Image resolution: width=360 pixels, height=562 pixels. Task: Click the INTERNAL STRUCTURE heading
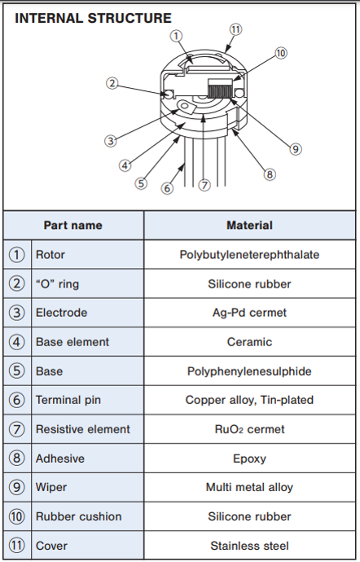pos(93,18)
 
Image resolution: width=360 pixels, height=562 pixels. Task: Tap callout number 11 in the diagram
pos(235,29)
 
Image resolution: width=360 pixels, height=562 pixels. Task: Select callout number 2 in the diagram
pos(112,84)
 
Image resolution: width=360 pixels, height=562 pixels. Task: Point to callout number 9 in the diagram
pos(296,149)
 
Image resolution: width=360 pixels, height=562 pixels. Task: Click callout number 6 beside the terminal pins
pos(167,188)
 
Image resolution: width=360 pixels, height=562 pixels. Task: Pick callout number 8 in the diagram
pos(270,174)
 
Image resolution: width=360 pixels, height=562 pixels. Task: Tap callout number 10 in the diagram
pos(281,53)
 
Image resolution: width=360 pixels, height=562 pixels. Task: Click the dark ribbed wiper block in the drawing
pos(220,89)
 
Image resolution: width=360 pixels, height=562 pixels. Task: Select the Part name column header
pos(73,225)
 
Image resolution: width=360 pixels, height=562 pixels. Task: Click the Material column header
pos(249,225)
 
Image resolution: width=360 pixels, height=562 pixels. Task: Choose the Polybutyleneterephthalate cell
pos(249,255)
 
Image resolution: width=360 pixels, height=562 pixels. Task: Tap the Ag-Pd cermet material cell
pos(249,313)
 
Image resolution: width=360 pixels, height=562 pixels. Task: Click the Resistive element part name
pos(83,429)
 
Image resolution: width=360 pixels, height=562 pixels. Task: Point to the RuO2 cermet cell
pos(249,429)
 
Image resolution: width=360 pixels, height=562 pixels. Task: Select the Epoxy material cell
pos(249,459)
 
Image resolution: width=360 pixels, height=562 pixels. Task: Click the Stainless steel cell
pos(249,546)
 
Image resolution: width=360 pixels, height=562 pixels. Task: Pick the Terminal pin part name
pos(68,400)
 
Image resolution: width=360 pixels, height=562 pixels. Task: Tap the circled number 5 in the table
pos(16,371)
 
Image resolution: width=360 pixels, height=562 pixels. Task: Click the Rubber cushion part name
pos(78,516)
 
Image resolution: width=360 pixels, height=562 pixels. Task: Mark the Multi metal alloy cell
pos(249,487)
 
